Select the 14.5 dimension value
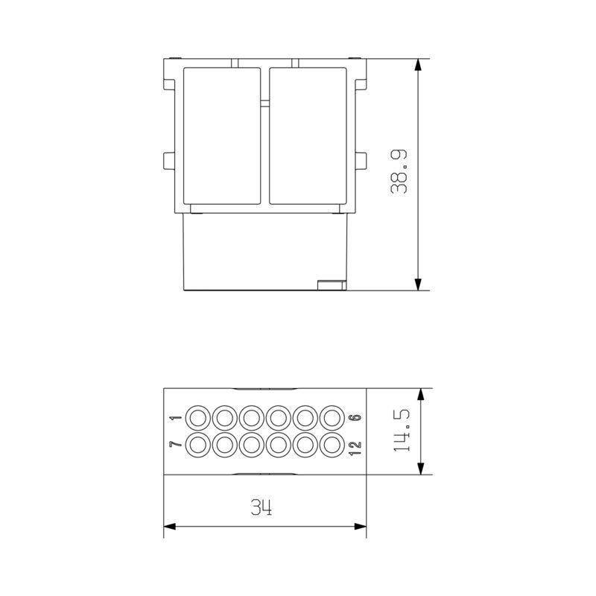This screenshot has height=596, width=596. (x=403, y=431)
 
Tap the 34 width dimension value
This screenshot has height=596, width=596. (x=261, y=509)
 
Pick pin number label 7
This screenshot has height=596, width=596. (x=176, y=446)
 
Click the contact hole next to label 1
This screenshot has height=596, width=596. (x=199, y=417)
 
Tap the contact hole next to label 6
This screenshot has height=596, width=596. (x=332, y=417)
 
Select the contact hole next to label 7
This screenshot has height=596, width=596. (x=199, y=446)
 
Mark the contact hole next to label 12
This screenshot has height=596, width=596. (x=332, y=446)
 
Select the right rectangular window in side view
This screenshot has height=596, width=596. (x=308, y=136)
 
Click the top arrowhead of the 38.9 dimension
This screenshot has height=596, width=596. (x=419, y=66)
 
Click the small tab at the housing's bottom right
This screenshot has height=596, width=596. (x=331, y=283)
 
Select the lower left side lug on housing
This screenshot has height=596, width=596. (x=168, y=160)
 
